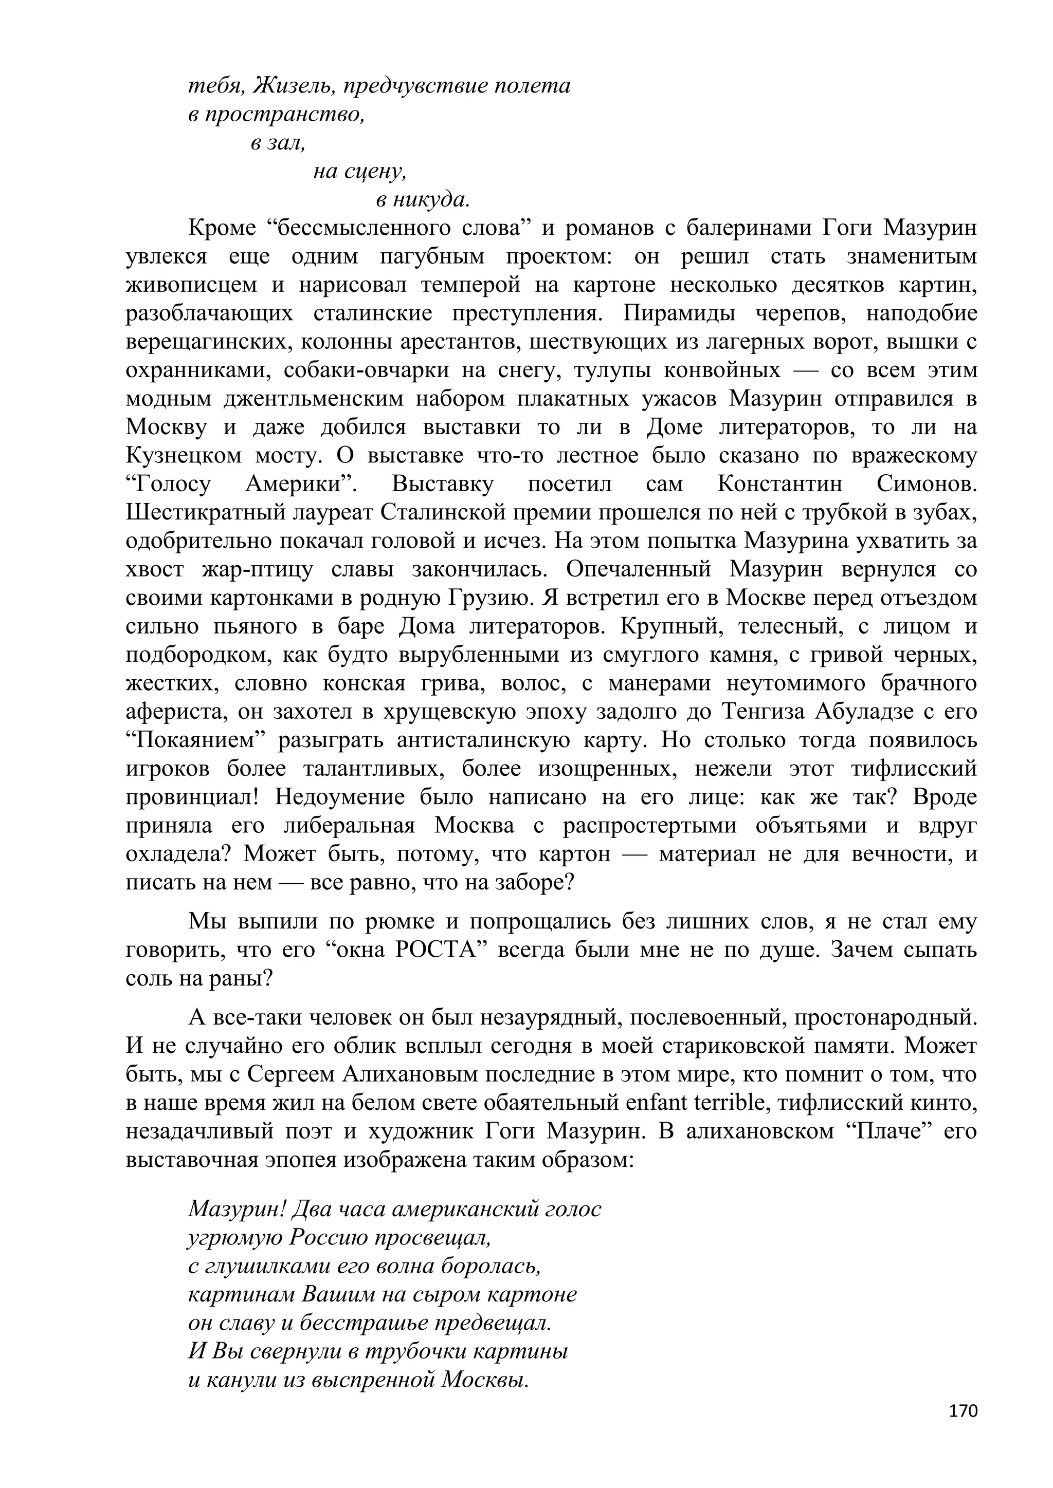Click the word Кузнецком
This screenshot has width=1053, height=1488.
tap(184, 456)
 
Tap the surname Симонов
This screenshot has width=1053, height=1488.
tap(926, 484)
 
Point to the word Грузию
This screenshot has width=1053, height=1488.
tap(492, 598)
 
